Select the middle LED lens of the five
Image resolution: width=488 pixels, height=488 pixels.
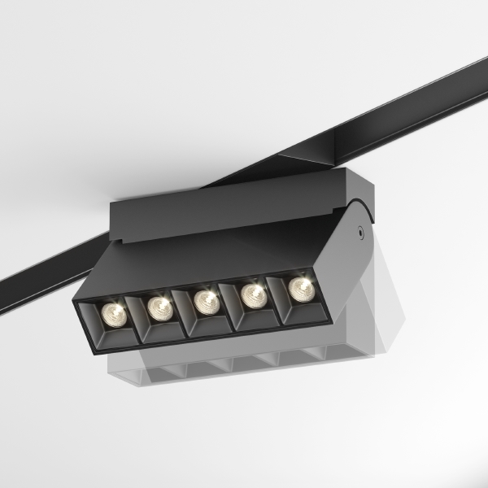pos(206,300)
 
